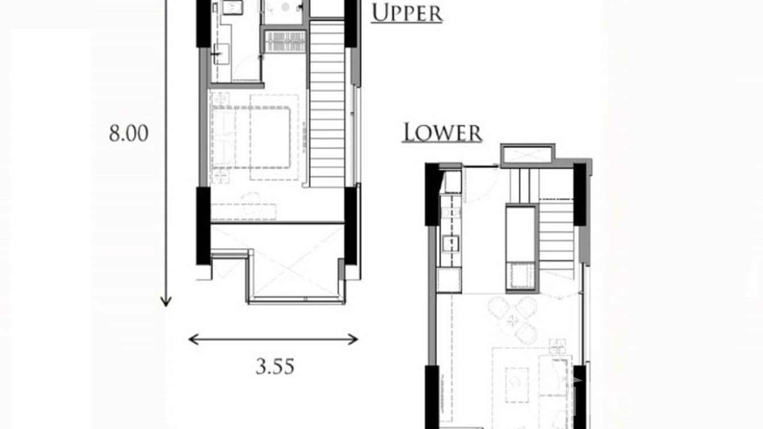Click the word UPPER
click(x=407, y=13)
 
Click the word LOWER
click(x=442, y=133)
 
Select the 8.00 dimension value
click(x=128, y=134)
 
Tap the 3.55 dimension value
click(x=275, y=366)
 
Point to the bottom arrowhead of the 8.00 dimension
click(x=165, y=302)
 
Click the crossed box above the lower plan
click(x=527, y=155)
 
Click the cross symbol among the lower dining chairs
click(x=515, y=320)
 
